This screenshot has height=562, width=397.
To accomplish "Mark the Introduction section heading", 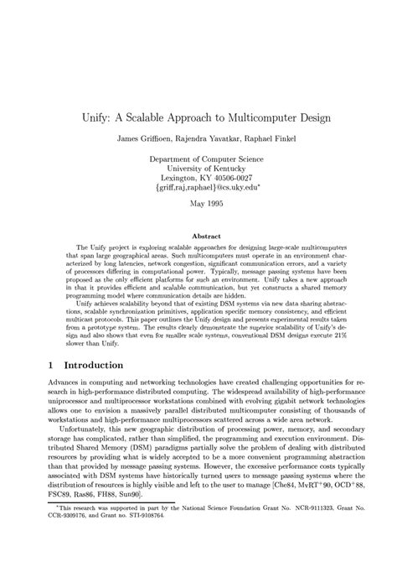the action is pos(90,366).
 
